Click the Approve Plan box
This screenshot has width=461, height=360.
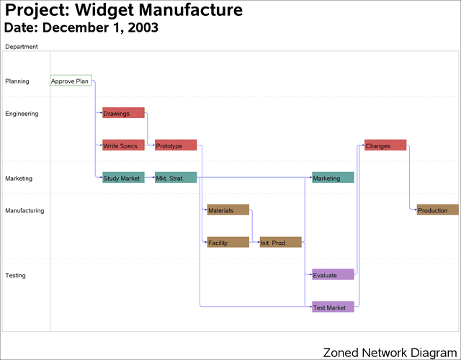(71, 81)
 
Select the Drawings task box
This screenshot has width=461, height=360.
(123, 113)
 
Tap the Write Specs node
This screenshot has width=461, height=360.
(123, 145)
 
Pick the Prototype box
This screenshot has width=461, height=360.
(176, 145)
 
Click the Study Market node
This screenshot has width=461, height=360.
(123, 178)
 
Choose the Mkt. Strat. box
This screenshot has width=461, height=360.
(176, 178)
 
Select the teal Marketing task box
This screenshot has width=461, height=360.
(333, 178)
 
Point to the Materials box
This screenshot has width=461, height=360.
(228, 210)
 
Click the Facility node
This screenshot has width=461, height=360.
(228, 243)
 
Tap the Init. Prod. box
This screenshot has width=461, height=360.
(281, 243)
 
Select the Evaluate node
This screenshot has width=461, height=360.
(333, 275)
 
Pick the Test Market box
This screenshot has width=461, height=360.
(333, 307)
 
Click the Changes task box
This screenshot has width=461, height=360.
(385, 145)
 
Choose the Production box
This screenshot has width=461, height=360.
(437, 210)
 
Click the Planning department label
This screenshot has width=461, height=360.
(17, 81)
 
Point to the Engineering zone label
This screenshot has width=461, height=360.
(22, 114)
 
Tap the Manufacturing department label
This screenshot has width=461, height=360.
(24, 211)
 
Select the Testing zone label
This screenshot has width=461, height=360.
(16, 276)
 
